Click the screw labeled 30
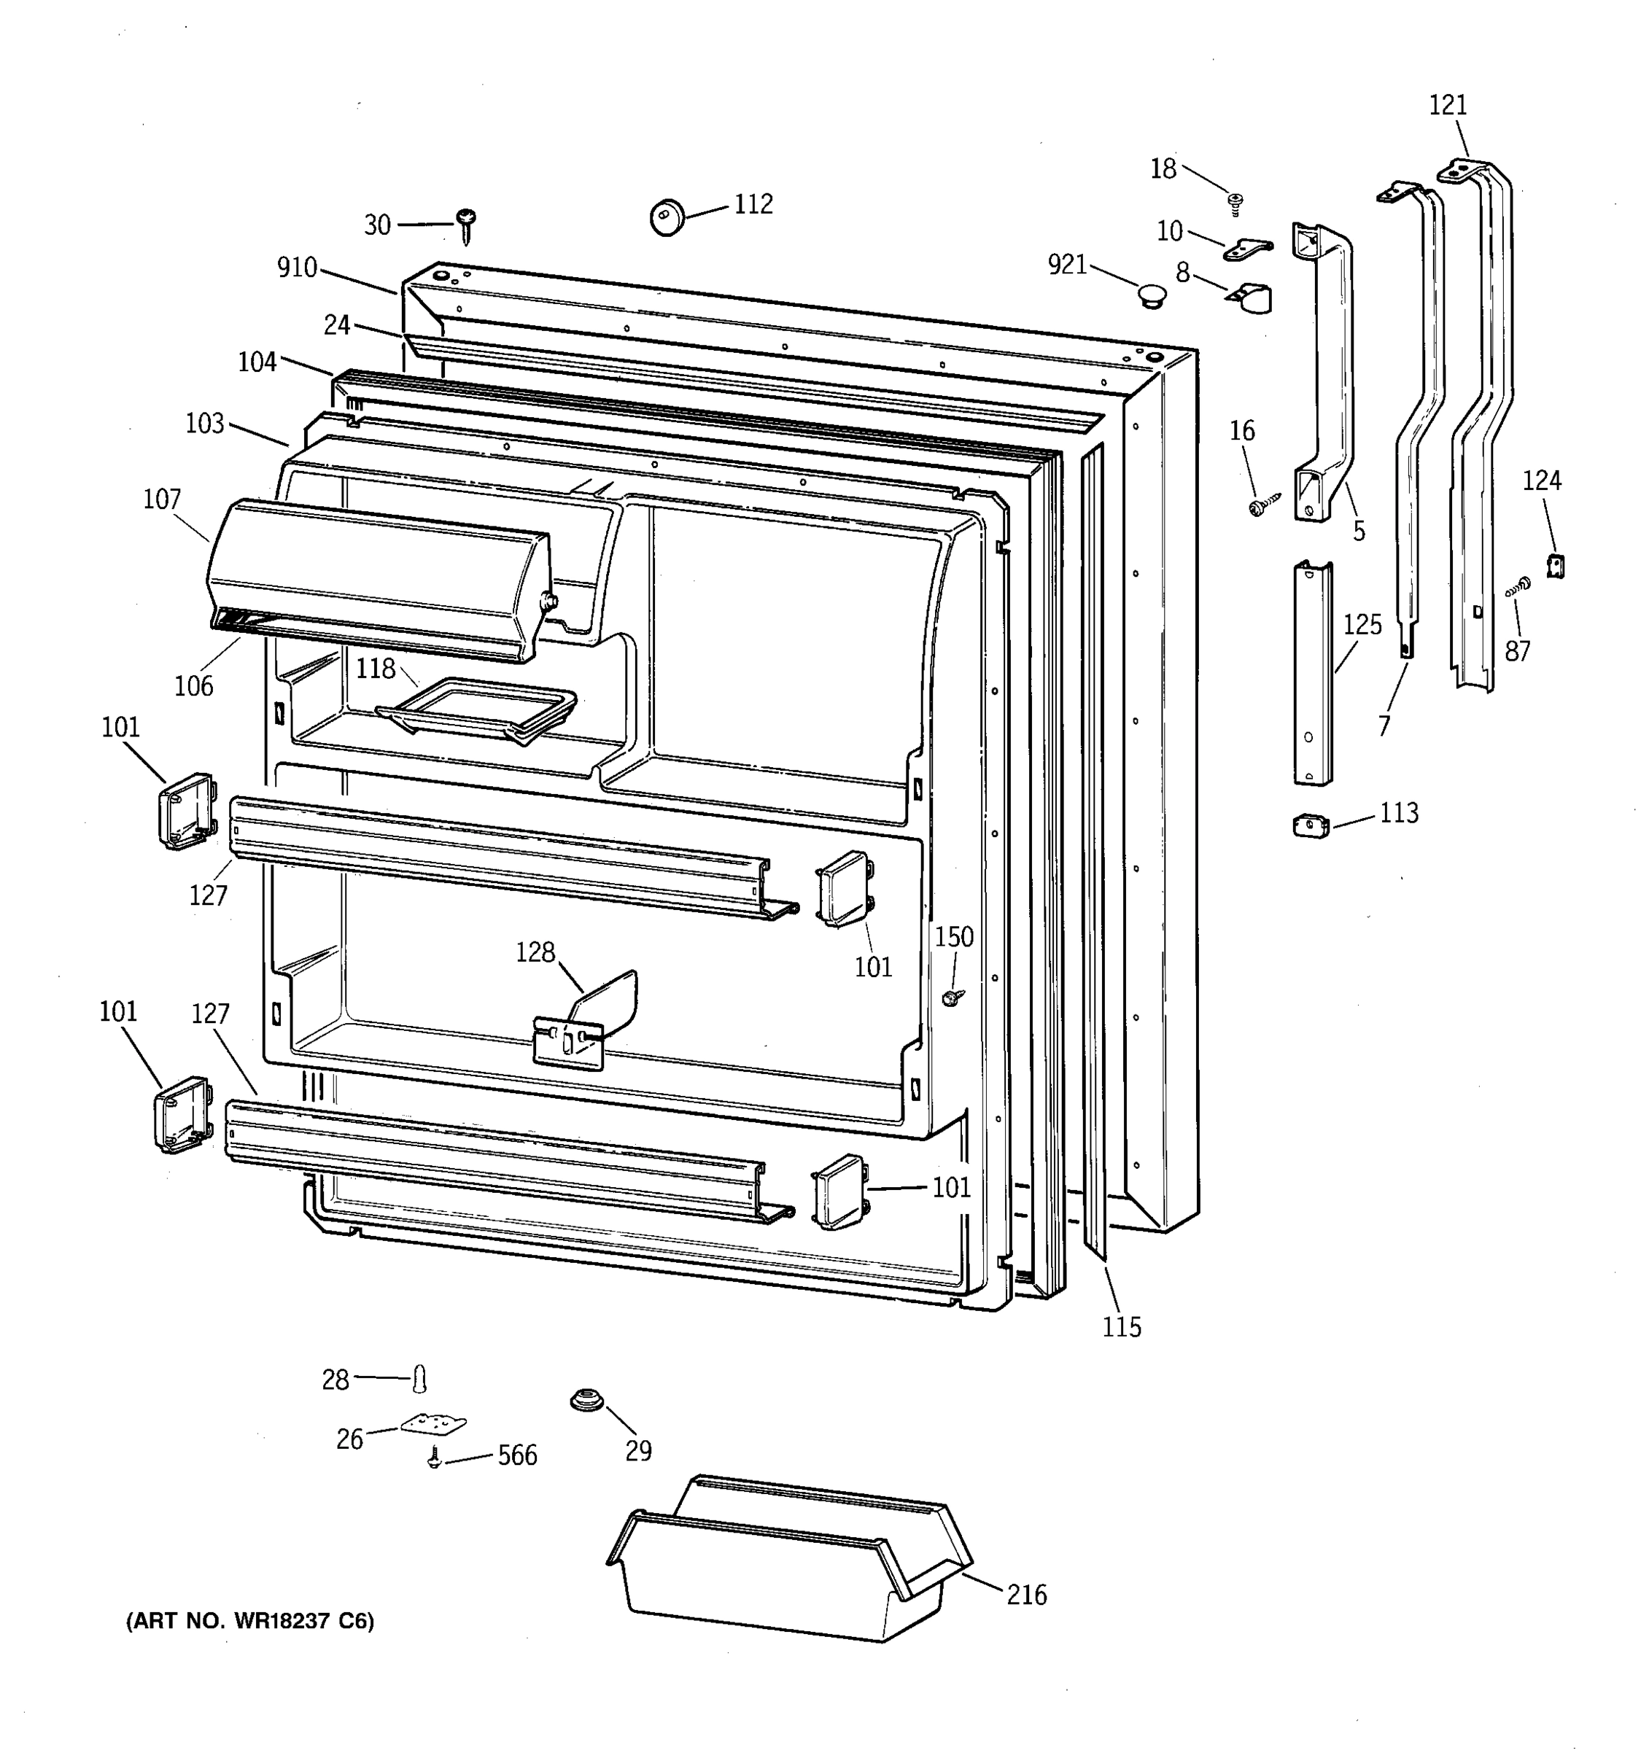tap(466, 224)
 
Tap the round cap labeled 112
tap(667, 217)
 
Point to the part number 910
tap(297, 268)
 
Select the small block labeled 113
tap(1311, 825)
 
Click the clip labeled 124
tap(1556, 565)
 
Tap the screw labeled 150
tap(952, 997)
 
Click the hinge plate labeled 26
tap(433, 1424)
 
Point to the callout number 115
tap(1122, 1326)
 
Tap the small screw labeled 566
tap(433, 1458)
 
